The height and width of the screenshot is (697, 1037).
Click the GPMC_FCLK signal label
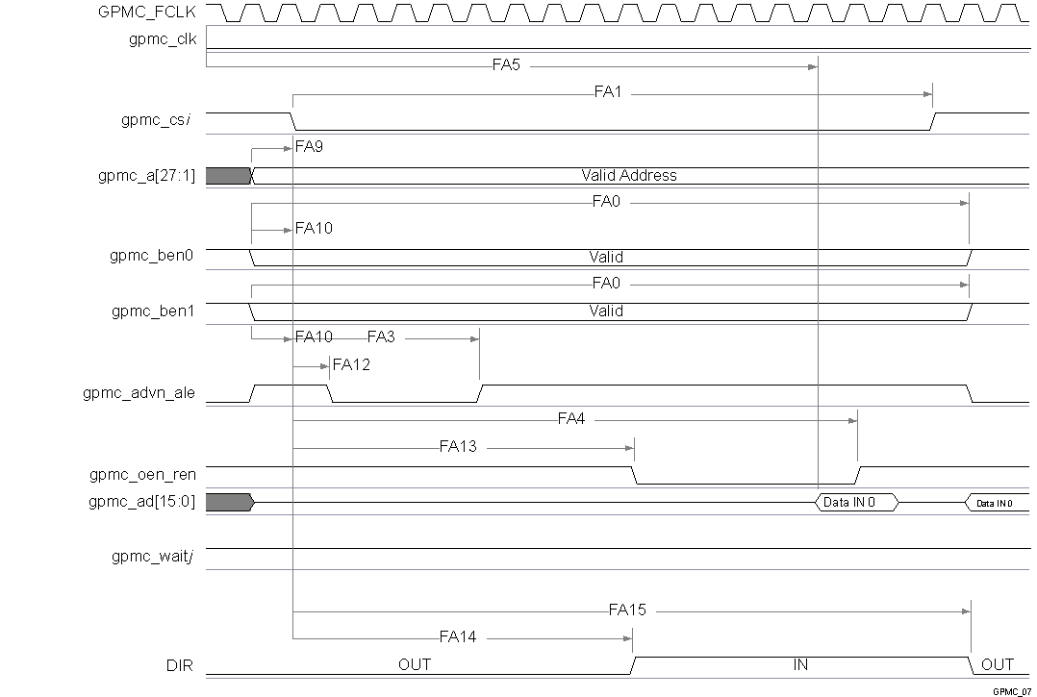click(x=147, y=12)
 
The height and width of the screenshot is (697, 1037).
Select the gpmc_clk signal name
click(x=163, y=39)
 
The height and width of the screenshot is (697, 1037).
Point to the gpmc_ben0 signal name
click(x=154, y=257)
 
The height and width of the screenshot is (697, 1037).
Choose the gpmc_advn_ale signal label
click(x=140, y=392)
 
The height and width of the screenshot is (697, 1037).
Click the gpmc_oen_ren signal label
click(x=143, y=474)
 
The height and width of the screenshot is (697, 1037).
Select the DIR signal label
click(x=180, y=664)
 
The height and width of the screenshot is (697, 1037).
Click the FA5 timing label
click(x=507, y=66)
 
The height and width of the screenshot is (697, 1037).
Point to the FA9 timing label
click(x=310, y=148)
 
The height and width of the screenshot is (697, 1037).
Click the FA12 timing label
click(x=351, y=365)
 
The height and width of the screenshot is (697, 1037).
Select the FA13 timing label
click(x=458, y=447)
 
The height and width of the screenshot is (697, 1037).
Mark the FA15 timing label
click(x=627, y=610)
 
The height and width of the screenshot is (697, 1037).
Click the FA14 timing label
click(x=458, y=637)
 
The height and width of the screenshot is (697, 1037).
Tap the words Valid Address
click(x=629, y=176)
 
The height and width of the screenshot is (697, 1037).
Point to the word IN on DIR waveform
click(x=800, y=664)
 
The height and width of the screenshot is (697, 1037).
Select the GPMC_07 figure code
click(x=1012, y=690)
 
